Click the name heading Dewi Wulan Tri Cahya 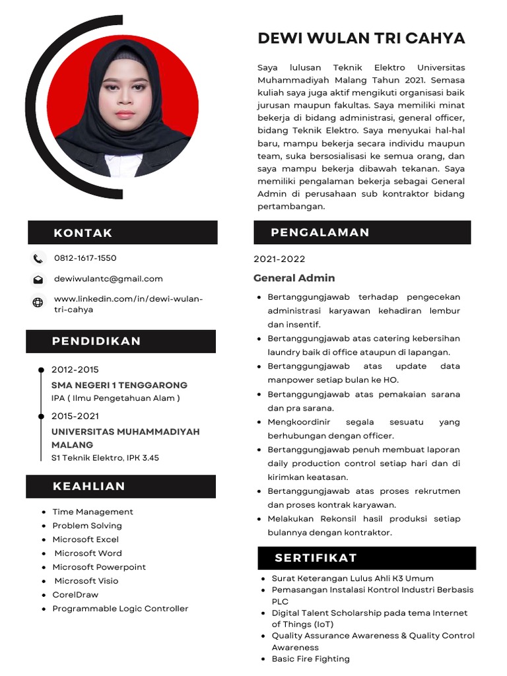[x=361, y=38]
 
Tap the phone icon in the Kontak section [x=38, y=258]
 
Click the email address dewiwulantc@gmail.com [x=108, y=279]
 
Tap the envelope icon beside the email [x=38, y=279]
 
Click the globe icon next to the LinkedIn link [x=38, y=302]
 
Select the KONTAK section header [x=83, y=233]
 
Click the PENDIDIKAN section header [x=96, y=341]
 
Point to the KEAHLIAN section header [x=88, y=487]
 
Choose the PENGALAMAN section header [x=320, y=232]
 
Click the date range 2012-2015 [x=75, y=370]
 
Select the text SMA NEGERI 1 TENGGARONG [x=119, y=385]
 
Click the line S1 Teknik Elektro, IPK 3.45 [x=105, y=457]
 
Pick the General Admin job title [x=294, y=278]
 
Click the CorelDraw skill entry [x=75, y=595]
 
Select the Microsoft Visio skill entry [x=85, y=581]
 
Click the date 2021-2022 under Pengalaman [x=279, y=259]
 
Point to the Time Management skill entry [x=92, y=512]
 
